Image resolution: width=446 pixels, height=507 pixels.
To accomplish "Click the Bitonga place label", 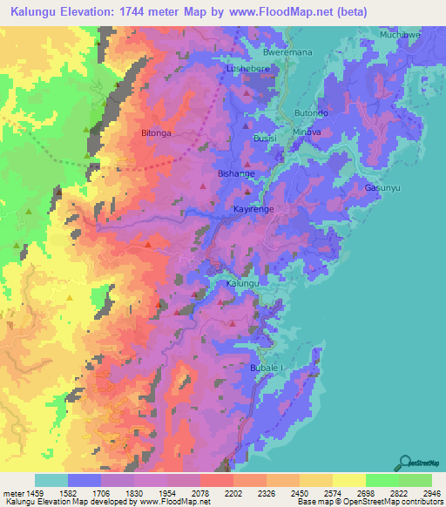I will coord(157,133).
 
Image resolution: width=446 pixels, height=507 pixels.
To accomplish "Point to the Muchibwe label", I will coord(400,35).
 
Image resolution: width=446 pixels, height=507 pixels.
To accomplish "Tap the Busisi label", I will coord(265,139).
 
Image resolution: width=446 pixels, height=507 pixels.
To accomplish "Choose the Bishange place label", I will coord(236,173).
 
